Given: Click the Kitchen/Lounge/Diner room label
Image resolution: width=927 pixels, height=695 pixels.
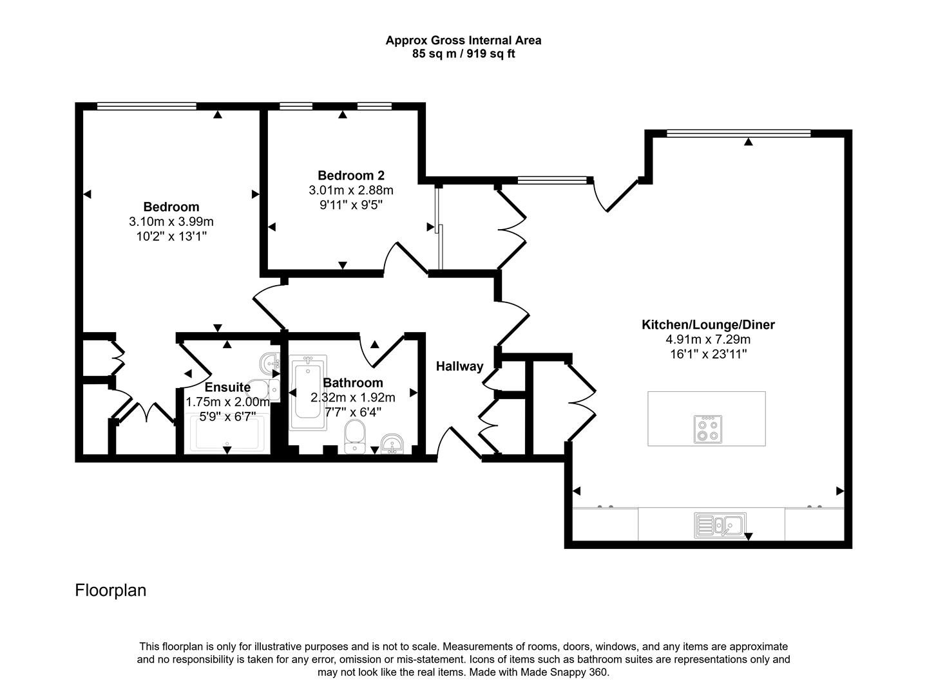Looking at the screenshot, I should (708, 325).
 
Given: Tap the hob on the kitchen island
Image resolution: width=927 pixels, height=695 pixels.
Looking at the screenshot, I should (707, 429).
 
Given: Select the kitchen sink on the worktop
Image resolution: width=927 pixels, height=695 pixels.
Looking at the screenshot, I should (720, 525).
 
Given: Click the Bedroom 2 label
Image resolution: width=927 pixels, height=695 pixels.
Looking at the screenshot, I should (351, 176).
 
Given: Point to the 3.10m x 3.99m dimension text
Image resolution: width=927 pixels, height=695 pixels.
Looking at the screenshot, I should (171, 222).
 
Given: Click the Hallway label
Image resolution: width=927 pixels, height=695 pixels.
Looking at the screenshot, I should (459, 366).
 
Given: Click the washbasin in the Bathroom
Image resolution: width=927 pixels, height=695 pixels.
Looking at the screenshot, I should (392, 443).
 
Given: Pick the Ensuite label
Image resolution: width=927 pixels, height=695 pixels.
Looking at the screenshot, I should (227, 387).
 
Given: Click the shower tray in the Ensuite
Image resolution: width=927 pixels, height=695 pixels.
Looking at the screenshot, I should (227, 434).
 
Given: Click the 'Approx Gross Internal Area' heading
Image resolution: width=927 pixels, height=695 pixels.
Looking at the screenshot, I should (463, 41).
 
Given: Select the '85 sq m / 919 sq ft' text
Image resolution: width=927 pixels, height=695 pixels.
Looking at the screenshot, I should (463, 54).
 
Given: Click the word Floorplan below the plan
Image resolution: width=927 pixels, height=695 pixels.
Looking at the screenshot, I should (111, 590).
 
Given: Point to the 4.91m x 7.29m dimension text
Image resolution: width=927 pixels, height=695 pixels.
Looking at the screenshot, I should (708, 340).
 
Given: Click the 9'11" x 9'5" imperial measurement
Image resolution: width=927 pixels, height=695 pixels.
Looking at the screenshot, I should (351, 205).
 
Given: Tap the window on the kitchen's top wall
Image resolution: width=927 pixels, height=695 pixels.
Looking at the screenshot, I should (738, 134).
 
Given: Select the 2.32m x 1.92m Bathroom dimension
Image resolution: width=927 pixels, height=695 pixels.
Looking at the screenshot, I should (353, 398).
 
